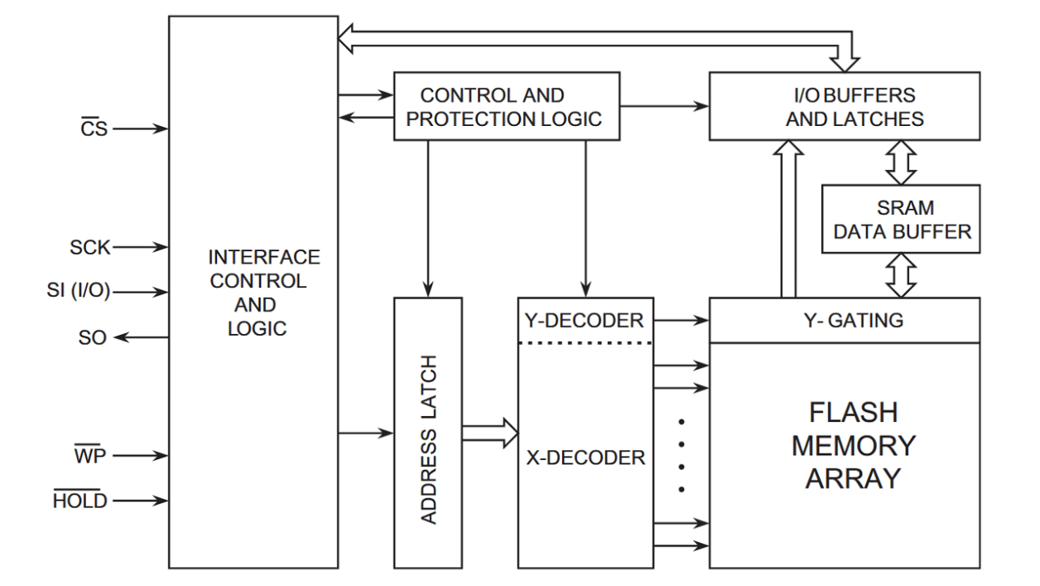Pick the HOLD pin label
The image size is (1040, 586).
click(81, 501)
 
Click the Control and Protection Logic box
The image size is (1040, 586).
click(506, 106)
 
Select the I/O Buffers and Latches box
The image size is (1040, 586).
click(855, 106)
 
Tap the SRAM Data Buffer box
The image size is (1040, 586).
click(901, 219)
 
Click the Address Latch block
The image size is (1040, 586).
click(428, 432)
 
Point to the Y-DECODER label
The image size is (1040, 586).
click(585, 321)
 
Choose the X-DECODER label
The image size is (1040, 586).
click(585, 457)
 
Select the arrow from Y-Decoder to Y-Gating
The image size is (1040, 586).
click(681, 320)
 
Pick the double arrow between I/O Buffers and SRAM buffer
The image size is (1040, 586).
click(900, 162)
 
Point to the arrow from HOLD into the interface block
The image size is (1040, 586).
click(142, 501)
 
